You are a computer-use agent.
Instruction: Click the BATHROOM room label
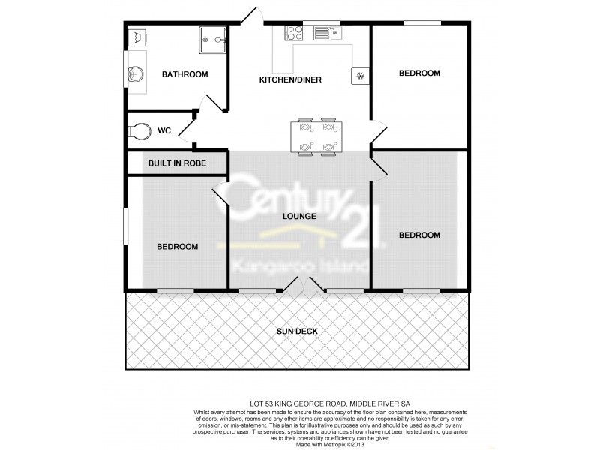click(x=184, y=73)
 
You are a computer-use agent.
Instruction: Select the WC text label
click(x=164, y=130)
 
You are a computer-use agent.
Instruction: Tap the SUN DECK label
click(x=298, y=331)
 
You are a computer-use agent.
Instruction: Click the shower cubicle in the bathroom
click(x=213, y=40)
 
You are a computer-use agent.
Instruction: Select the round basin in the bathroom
click(x=135, y=74)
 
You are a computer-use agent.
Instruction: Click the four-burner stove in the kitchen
click(x=292, y=32)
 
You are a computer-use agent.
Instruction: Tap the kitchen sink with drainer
click(x=324, y=32)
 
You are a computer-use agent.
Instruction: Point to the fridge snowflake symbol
click(x=360, y=75)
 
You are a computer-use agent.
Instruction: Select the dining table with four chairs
click(x=316, y=136)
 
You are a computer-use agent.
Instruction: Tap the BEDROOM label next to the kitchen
click(x=418, y=73)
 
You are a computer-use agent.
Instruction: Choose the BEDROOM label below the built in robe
click(x=177, y=247)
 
